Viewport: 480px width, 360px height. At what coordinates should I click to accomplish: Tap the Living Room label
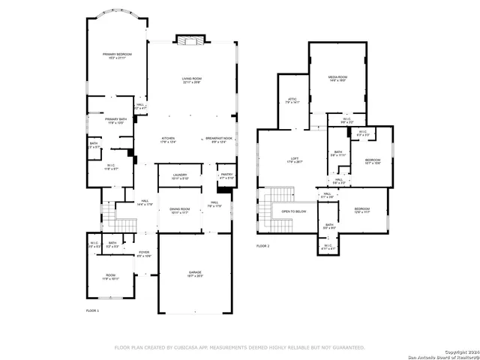point(192,80)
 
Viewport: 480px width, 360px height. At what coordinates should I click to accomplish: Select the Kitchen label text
point(167,139)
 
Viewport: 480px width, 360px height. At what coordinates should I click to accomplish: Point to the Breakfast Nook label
point(219,139)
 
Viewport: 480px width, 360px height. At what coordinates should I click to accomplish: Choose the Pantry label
point(226,176)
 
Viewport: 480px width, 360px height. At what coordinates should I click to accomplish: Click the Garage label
point(194,274)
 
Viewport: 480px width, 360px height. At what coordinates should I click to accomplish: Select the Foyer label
point(143,254)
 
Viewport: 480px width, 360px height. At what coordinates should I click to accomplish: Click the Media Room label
point(337,79)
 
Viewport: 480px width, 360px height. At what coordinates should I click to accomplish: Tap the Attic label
point(293,100)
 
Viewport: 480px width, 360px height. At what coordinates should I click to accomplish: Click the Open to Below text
point(293,211)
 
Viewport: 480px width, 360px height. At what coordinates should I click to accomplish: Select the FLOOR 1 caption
point(92,310)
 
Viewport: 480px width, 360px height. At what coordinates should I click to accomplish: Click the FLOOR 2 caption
point(262,246)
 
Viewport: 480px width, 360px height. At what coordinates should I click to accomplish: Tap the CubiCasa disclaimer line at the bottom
point(239,347)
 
